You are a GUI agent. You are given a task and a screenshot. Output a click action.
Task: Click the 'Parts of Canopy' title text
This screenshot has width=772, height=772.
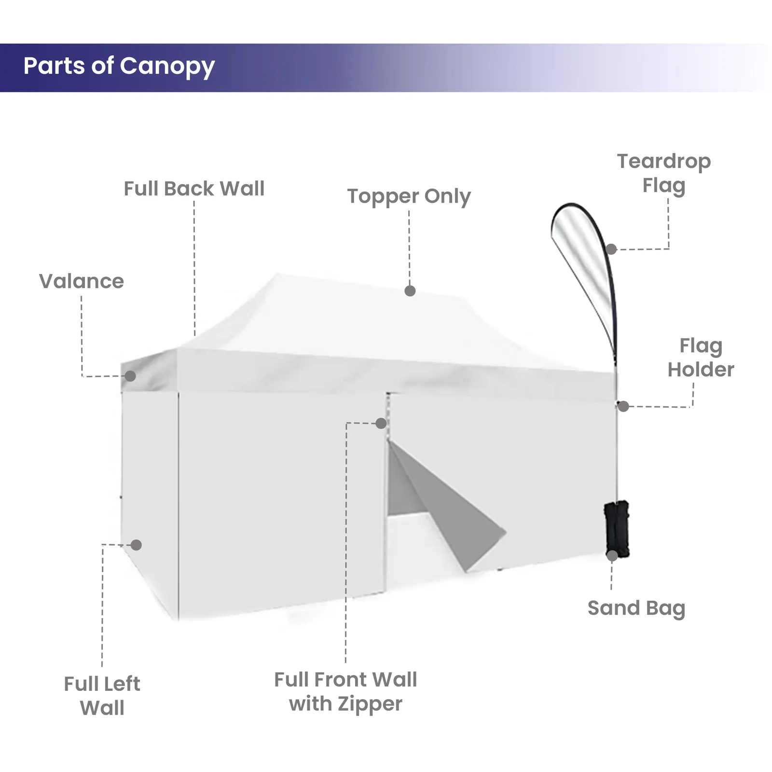tap(119, 67)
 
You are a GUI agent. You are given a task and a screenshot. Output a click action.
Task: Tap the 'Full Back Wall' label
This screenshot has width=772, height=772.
tap(194, 189)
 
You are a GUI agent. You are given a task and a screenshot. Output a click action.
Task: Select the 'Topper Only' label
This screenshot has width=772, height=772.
tap(409, 196)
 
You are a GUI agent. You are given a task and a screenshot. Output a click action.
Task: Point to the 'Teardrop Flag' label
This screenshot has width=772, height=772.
tap(664, 173)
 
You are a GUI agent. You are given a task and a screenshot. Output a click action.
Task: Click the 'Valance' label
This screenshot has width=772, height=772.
tap(82, 281)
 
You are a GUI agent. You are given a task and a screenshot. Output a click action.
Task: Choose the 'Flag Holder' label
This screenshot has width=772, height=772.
tap(701, 358)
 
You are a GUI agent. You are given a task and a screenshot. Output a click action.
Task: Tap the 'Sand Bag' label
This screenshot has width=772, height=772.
tap(636, 608)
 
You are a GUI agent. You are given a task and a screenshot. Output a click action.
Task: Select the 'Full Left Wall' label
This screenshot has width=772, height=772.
tap(102, 696)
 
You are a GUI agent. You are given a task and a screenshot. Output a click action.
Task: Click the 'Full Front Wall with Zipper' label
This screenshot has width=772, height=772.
tap(345, 692)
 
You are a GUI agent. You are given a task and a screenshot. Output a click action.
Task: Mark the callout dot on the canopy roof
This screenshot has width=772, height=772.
tap(410, 291)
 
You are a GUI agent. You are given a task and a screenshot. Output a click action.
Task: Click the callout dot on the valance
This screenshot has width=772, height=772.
tap(130, 376)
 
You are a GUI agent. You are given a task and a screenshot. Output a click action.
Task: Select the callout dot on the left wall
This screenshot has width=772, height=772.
tap(136, 545)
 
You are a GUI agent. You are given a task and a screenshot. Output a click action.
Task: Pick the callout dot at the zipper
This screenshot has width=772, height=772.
tap(381, 423)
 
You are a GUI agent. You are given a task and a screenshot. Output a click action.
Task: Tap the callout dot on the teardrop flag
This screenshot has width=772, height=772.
tap(611, 249)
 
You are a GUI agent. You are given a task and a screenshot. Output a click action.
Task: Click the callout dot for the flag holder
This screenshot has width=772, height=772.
tap(623, 406)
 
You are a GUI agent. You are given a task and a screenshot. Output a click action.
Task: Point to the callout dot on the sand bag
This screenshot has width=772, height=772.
tap(612, 555)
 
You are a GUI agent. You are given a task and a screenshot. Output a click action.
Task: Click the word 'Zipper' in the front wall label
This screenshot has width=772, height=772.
tap(370, 704)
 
